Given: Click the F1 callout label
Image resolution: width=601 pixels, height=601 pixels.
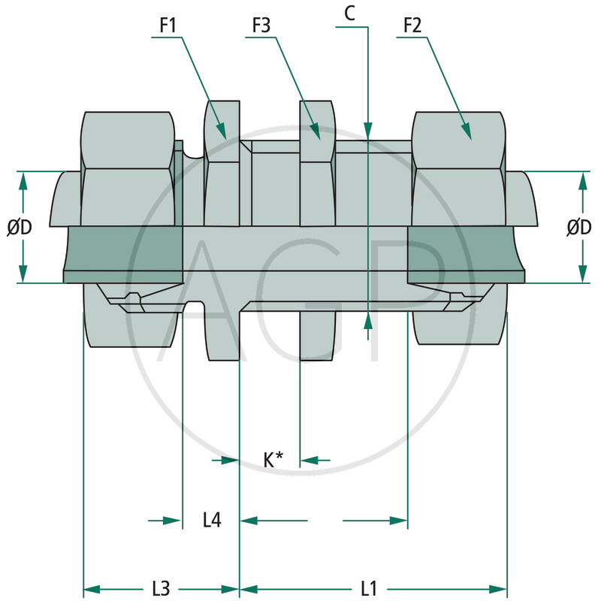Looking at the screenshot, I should point(168,24).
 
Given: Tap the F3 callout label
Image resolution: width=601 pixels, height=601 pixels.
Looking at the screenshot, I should point(261,24).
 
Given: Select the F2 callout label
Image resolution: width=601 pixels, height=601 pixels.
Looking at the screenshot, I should point(412,24).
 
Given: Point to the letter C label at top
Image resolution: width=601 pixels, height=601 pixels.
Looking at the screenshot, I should point(349,14).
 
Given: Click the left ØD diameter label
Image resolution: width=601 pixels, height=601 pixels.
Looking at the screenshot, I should point(20,227).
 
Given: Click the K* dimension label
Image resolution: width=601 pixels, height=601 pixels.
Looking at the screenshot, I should point(273,460).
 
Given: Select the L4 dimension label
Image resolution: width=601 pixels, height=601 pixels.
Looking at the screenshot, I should point(212,520).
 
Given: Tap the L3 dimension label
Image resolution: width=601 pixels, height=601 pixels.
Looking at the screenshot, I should point(161,588).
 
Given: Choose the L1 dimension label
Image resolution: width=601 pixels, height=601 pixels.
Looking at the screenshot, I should point(368,588).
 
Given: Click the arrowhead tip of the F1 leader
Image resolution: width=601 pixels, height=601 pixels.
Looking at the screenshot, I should point(226,138).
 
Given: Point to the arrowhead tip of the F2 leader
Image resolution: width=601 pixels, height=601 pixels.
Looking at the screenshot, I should point(471,140).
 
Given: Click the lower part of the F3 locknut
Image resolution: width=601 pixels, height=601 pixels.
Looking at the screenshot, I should point(317,335).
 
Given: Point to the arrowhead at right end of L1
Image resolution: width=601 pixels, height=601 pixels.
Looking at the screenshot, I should point(505,588).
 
